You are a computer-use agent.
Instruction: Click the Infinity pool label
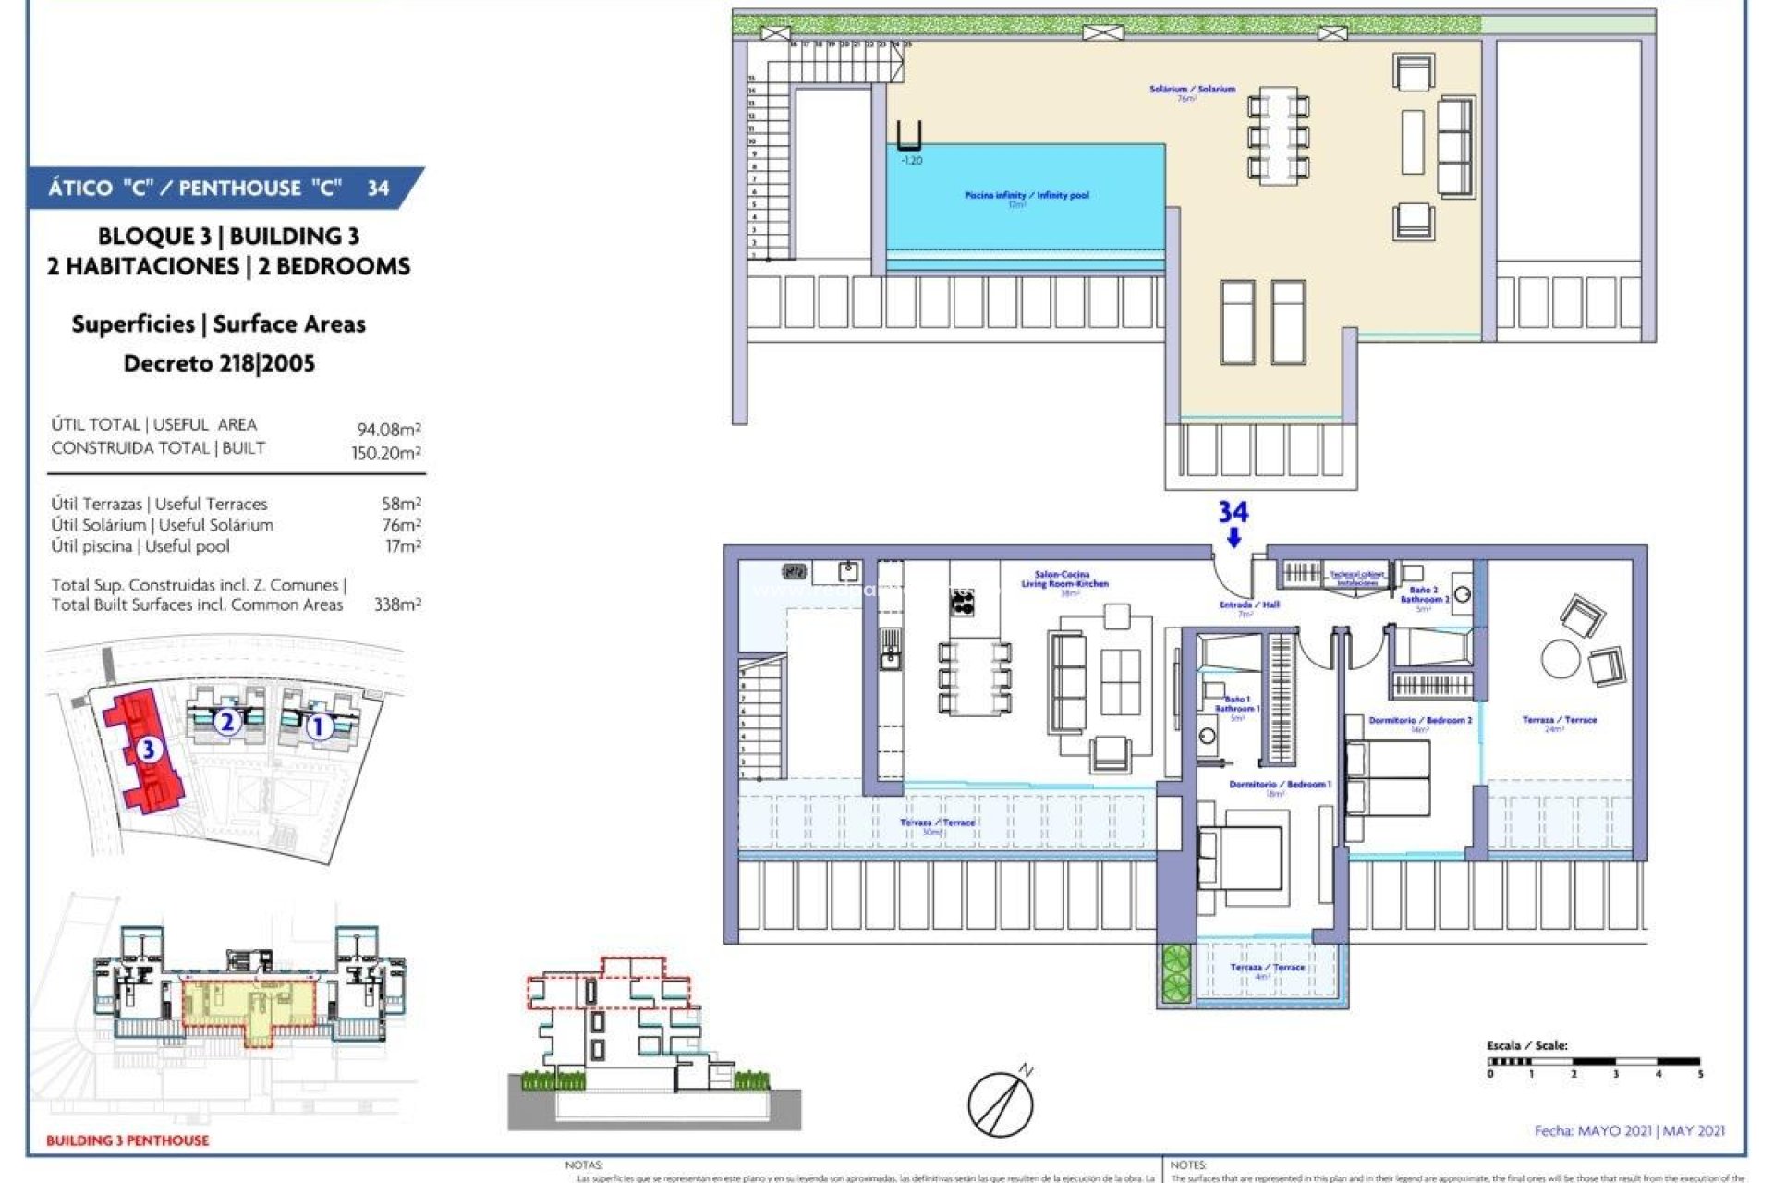click(x=1026, y=196)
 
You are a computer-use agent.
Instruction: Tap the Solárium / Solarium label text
click(x=1191, y=90)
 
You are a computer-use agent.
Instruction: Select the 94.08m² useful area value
click(x=388, y=430)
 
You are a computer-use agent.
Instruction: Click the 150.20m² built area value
click(x=385, y=453)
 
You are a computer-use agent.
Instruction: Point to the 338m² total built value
click(x=397, y=604)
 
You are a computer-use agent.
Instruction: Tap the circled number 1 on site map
click(x=318, y=727)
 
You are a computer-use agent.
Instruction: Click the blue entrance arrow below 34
click(x=1233, y=538)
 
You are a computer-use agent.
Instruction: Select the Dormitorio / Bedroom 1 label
click(x=1279, y=785)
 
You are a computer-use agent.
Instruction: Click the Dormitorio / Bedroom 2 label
click(x=1419, y=720)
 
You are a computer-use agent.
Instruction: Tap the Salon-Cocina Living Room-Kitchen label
click(x=1063, y=579)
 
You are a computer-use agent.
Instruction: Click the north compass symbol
click(x=1002, y=1102)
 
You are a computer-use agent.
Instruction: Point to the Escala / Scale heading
click(x=1526, y=1045)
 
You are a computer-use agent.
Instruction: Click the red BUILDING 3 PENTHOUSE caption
click(x=128, y=1140)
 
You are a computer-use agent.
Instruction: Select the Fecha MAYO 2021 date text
click(x=1629, y=1130)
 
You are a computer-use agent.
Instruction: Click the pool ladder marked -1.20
click(x=909, y=137)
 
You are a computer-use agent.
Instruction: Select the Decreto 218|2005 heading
click(x=219, y=363)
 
